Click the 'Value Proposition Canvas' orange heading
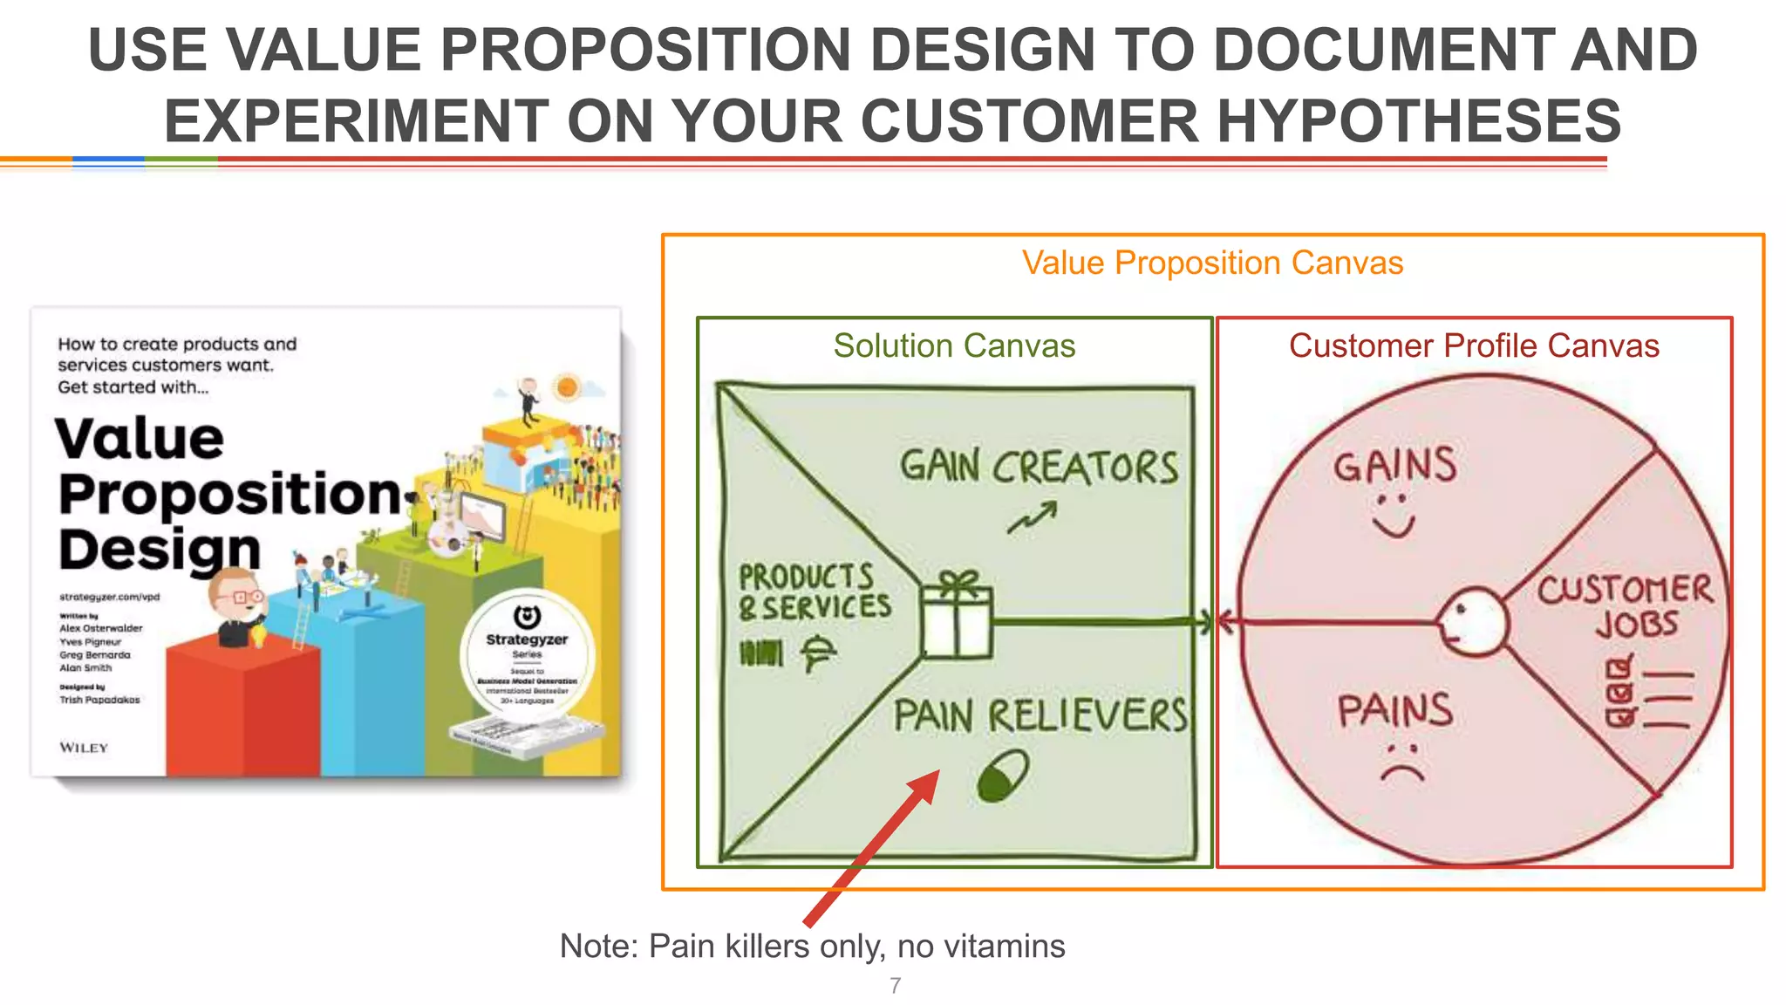point(1212,263)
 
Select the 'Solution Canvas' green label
point(954,345)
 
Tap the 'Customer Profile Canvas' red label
point(1474,345)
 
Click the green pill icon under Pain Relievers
point(1003,776)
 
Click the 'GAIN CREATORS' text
point(1039,467)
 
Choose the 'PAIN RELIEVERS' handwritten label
point(1040,716)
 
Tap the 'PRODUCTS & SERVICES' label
point(814,592)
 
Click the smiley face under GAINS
point(1393,516)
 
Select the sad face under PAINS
point(1401,762)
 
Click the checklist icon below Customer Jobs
point(1646,694)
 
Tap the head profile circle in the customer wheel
point(1473,621)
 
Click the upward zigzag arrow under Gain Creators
point(1033,517)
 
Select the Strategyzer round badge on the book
point(528,655)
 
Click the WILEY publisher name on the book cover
point(84,748)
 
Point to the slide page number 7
point(895,986)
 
